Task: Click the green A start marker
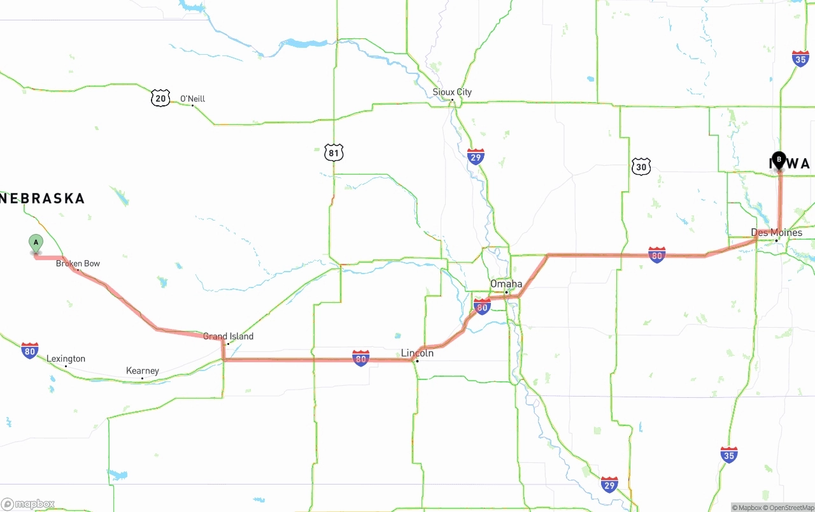pos(36,243)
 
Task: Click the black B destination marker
pos(779,159)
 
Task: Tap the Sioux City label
pos(452,92)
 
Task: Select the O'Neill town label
pos(192,99)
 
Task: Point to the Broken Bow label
pos(78,263)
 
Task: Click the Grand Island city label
pos(228,336)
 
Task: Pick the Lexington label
pos(66,359)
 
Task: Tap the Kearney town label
pos(143,370)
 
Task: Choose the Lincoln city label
pos(417,353)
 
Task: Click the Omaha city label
pos(506,284)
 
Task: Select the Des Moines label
pos(777,233)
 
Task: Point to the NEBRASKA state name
pos(43,198)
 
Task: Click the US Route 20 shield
pos(160,98)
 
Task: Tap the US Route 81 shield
pos(334,152)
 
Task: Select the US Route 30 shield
pos(641,166)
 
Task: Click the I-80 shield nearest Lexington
pos(29,350)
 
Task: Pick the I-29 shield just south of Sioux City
pos(476,157)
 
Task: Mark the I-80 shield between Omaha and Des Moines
pos(657,255)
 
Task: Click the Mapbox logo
pos(28,504)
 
